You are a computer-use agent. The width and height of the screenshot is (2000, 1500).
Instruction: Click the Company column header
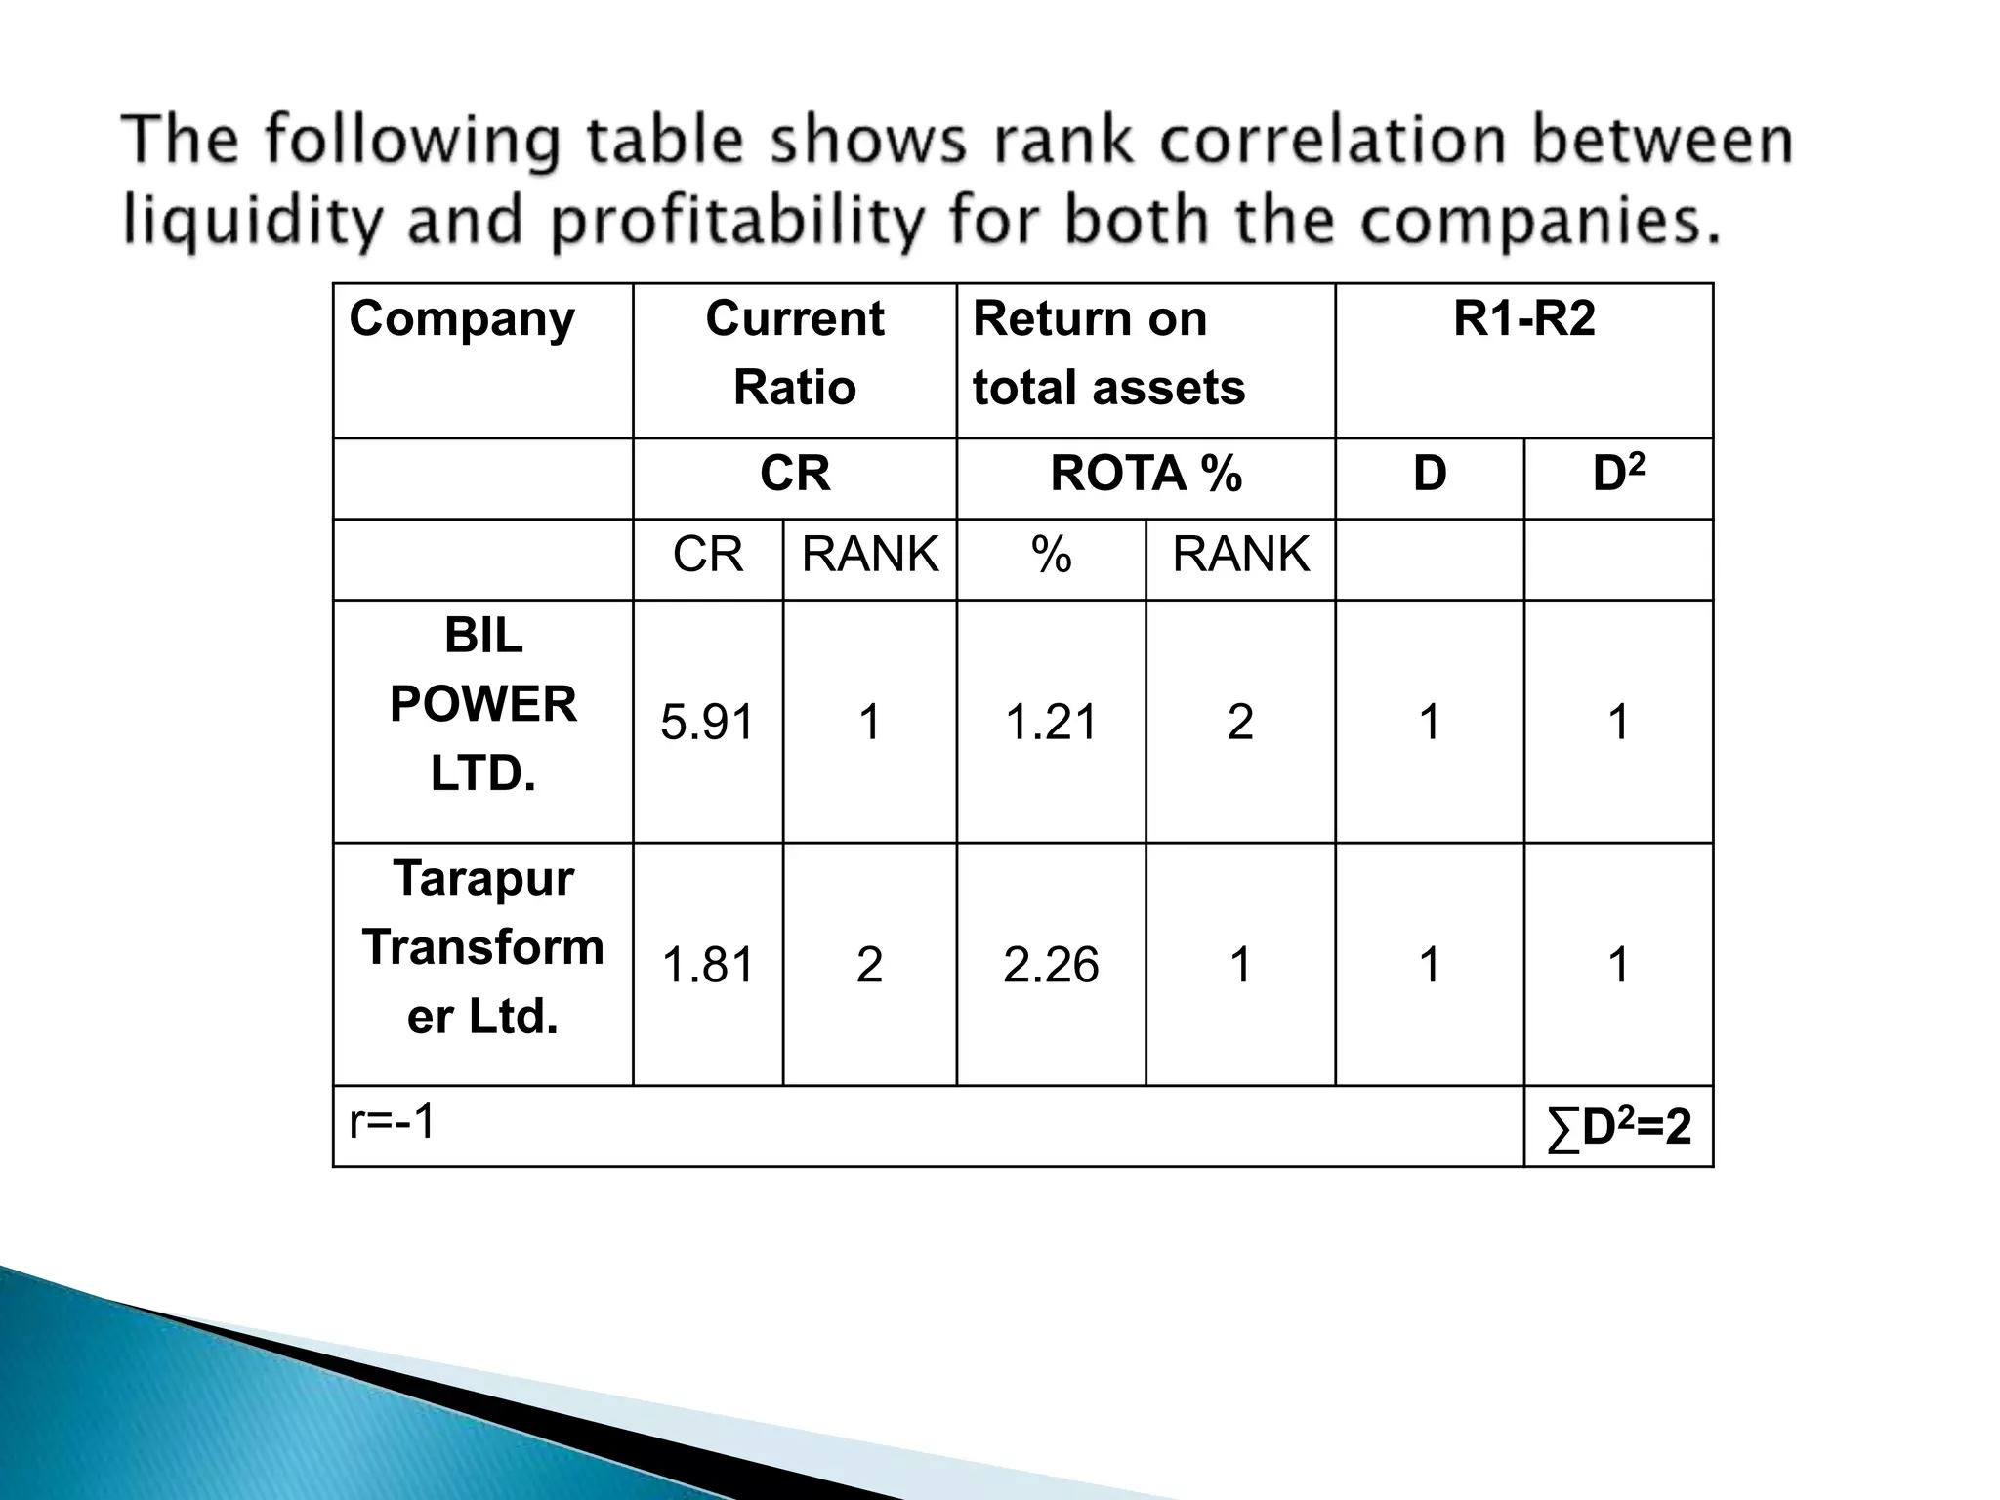coord(462,319)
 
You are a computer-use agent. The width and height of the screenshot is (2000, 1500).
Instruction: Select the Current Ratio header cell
coord(794,353)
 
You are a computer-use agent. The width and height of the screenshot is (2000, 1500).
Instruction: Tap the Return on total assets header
coord(1108,353)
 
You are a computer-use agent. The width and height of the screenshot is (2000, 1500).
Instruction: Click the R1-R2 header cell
coord(1523,319)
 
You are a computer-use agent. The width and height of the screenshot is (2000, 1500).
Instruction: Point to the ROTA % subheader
coord(1146,475)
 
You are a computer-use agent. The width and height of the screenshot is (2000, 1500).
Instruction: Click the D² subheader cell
coord(1618,474)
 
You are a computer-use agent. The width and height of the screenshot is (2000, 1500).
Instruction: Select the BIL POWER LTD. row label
coord(483,704)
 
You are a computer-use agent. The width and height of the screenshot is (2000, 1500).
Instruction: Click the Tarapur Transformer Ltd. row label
coord(483,947)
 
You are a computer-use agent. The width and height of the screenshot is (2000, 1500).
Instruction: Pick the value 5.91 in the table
coord(708,723)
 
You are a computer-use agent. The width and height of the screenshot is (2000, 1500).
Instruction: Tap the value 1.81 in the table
coord(708,965)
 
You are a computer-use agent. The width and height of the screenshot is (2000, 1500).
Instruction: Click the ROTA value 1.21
coord(1051,723)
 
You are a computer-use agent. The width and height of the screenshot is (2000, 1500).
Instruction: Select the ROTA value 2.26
coord(1051,965)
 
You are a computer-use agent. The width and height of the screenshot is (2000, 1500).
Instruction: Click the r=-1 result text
coord(393,1122)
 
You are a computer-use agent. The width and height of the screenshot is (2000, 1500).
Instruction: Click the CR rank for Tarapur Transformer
coord(869,965)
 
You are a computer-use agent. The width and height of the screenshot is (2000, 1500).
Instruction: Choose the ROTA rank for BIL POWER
coord(1240,723)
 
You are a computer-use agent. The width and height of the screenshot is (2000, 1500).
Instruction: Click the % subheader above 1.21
coord(1051,556)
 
